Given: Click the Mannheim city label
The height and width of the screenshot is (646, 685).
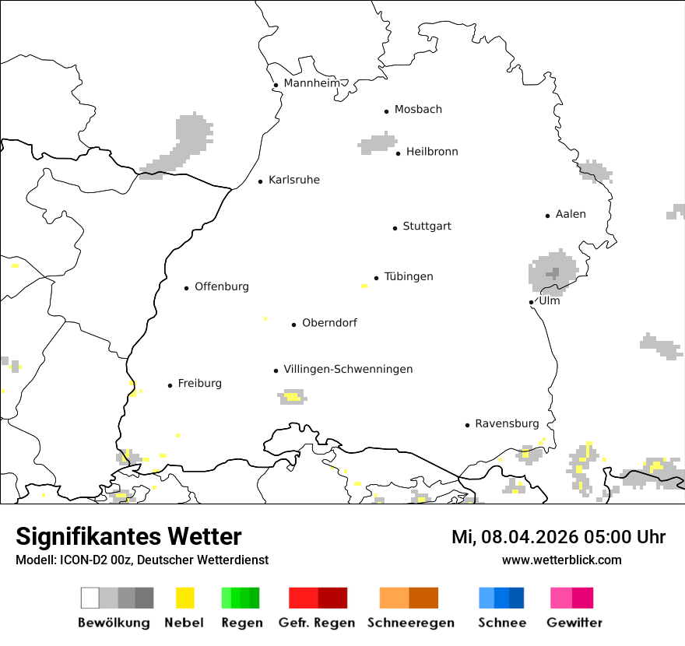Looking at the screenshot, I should pos(311,83).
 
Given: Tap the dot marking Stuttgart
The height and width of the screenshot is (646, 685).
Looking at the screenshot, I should pos(395,228).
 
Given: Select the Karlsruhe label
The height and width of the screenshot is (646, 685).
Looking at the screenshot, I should pos(293,180).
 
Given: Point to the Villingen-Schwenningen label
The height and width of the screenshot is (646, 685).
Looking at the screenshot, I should pos(348,369).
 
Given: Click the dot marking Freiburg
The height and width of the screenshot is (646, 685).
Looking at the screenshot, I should pos(170,385).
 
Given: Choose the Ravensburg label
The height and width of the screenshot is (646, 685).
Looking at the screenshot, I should pos(507,423).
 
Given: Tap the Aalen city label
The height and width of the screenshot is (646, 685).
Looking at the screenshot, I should pos(571,214).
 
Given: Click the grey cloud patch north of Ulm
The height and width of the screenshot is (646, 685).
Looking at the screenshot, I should pos(553,272).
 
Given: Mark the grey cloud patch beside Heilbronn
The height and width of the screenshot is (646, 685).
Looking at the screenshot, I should pos(378,143).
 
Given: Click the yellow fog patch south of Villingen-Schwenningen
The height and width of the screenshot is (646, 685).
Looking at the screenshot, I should pos(292,398).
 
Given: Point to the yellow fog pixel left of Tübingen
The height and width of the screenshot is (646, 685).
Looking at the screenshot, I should pos(364,286).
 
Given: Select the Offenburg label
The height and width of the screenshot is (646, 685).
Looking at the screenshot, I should pos(222,286).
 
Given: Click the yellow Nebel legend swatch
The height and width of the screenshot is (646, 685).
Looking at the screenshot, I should pos(184,598).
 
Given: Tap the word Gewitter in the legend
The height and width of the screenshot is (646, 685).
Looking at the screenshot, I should pos(574,623).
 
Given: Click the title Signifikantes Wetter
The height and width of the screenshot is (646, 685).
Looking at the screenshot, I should pos(128,536).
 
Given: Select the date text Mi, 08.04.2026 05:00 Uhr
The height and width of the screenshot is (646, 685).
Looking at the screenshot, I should pos(558,537).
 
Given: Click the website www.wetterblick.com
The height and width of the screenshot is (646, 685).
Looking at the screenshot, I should pos(561,560).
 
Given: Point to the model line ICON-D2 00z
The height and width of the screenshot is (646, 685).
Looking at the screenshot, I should pos(142,560).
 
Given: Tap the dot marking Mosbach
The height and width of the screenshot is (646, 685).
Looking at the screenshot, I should pos(386,111).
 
